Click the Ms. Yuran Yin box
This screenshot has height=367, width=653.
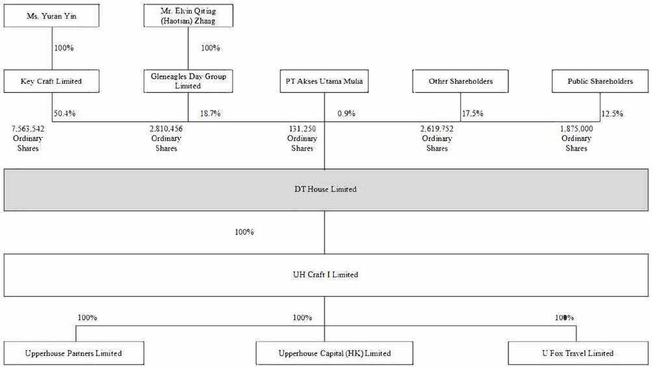click(51, 16)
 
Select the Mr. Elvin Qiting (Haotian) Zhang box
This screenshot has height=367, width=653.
click(188, 16)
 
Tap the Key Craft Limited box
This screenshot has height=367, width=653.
click(51, 81)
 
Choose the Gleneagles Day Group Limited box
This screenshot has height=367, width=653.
click(188, 81)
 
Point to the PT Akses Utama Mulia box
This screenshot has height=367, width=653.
click(324, 81)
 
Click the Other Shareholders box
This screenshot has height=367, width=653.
click(461, 81)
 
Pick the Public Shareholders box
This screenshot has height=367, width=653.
click(600, 81)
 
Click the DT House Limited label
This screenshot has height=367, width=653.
click(326, 189)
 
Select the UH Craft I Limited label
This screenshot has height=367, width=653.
click(326, 275)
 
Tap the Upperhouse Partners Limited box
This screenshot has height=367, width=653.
click(73, 353)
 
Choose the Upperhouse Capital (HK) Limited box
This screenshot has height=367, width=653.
click(335, 353)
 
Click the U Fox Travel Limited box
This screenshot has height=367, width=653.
click(578, 353)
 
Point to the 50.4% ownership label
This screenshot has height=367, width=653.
click(64, 114)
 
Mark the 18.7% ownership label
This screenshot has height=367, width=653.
click(211, 114)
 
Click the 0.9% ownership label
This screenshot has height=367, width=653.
click(346, 114)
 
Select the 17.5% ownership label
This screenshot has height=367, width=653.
click(472, 114)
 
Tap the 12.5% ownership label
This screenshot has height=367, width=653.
click(612, 114)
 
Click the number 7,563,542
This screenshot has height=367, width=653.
click(28, 129)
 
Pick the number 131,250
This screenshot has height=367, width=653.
click(302, 129)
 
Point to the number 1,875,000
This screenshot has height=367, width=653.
click(576, 129)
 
